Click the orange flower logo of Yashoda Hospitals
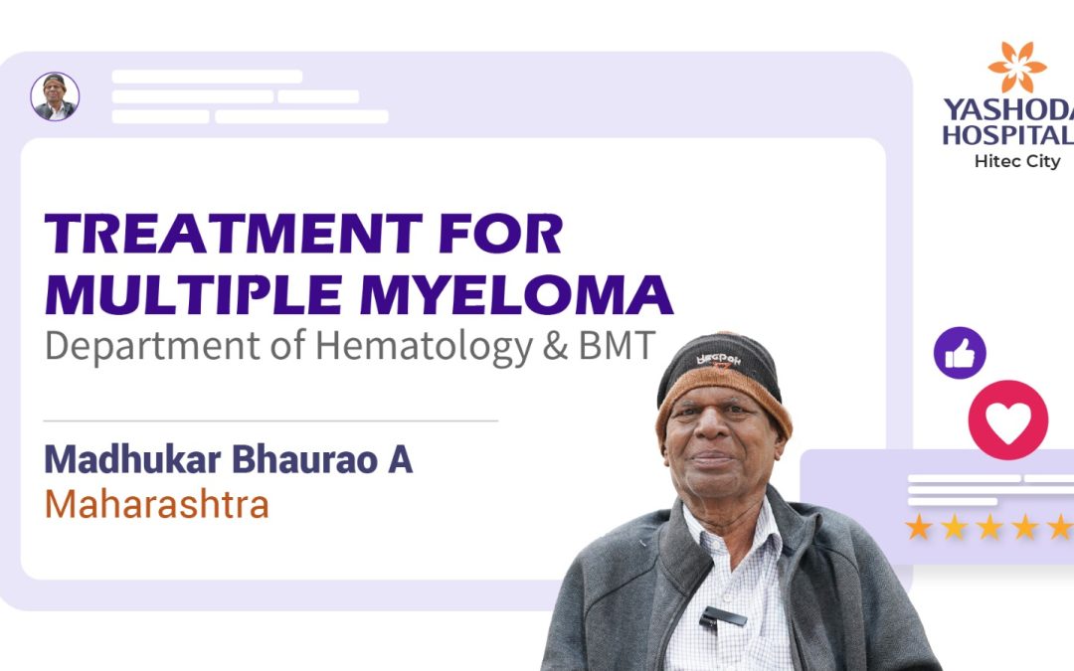[1017, 67]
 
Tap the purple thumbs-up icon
[960, 353]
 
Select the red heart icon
[1008, 419]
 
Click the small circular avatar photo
[55, 96]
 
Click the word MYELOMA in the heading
[516, 295]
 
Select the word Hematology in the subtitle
[424, 347]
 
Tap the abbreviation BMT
[618, 345]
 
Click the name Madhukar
[133, 458]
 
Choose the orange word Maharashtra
[157, 505]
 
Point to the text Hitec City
[1017, 162]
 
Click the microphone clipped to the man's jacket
[722, 618]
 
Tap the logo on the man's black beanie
[719, 360]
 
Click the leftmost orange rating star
[919, 527]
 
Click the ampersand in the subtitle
[556, 346]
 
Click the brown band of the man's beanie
[723, 396]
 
